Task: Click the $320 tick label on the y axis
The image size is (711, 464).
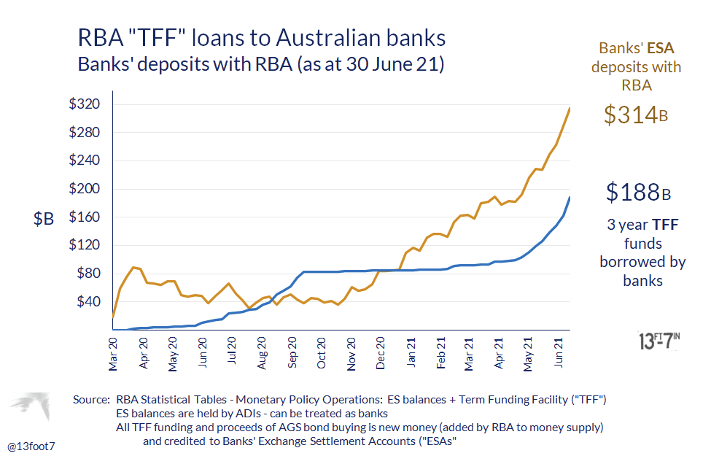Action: click(x=85, y=104)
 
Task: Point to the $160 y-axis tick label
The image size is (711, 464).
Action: click(x=85, y=217)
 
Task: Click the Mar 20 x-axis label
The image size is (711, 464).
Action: click(x=114, y=353)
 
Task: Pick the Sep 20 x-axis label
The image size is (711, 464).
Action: click(x=292, y=353)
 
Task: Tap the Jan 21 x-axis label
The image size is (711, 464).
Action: click(x=412, y=353)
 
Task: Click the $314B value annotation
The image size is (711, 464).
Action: click(x=636, y=115)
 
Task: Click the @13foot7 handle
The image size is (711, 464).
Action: click(x=32, y=444)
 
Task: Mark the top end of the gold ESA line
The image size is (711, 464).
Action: click(x=570, y=108)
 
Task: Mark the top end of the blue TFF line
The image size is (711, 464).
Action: click(x=570, y=198)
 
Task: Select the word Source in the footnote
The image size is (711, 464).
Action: click(x=91, y=400)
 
